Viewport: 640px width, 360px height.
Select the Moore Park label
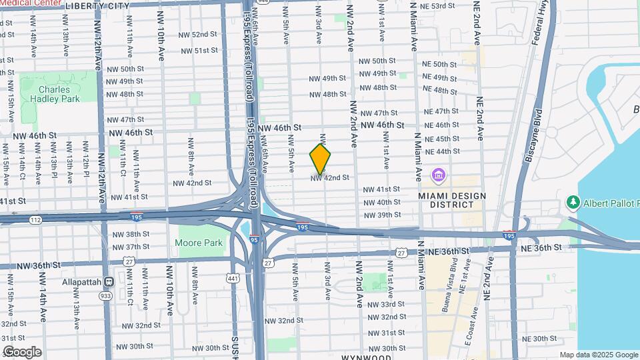tap(199, 243)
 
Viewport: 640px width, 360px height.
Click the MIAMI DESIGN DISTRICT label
tap(453, 199)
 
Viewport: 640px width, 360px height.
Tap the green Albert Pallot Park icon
tap(572, 201)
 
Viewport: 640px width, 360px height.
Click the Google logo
tap(22, 352)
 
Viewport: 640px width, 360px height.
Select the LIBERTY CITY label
tap(97, 5)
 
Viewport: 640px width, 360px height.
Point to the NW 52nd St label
tap(195, 35)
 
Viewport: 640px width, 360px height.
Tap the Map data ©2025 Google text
tap(598, 355)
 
